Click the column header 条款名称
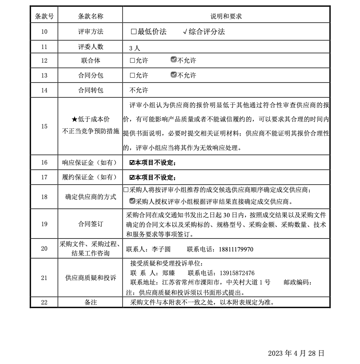point(90,16)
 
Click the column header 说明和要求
point(226,16)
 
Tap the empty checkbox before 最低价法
point(134,32)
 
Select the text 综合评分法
point(207,32)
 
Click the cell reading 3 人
point(134,48)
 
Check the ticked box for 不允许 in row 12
point(173,60)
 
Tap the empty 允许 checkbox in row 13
point(132,75)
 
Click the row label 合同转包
point(90,90)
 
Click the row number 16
point(44,162)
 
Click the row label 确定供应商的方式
point(90,197)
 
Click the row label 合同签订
point(90,224)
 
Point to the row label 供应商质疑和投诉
point(90,277)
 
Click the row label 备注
point(90,302)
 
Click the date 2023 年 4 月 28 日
point(296,353)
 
